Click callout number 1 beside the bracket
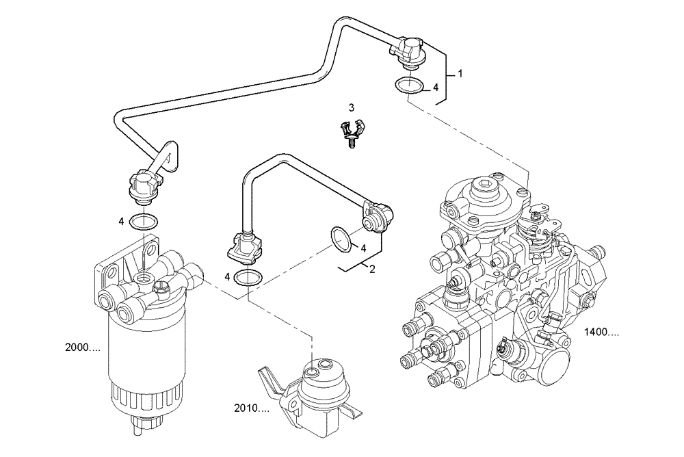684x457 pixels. pos(460,73)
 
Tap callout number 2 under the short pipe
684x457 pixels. pos(372,270)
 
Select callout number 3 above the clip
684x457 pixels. pos(352,107)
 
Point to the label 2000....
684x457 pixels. pos(83,348)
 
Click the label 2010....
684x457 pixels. pos(250,408)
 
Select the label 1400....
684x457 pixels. pos(602,333)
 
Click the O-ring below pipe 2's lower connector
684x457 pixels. pos(248,277)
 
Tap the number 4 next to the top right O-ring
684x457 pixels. pos(434,88)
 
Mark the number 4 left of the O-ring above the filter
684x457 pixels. pos(120,221)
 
